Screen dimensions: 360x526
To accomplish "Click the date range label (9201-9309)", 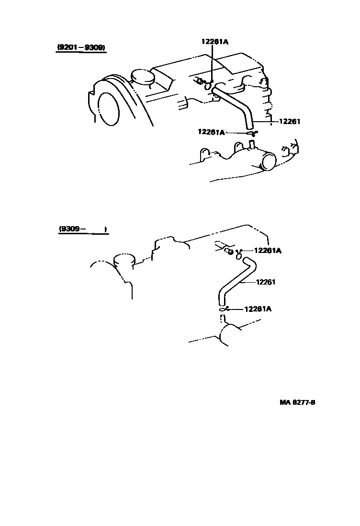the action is tap(81, 47).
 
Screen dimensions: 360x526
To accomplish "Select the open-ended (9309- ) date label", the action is tap(82, 229).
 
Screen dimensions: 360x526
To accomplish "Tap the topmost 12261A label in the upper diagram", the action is tap(214, 42).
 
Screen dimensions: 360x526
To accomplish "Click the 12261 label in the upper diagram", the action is tap(289, 121).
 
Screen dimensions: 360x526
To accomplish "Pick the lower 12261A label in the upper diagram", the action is tap(211, 132).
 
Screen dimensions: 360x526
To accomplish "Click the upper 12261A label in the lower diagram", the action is tap(267, 250).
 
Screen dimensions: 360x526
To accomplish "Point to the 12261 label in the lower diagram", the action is tap(266, 282).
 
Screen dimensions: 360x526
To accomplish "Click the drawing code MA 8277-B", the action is tap(297, 402).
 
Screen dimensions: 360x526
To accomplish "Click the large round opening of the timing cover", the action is tap(108, 109).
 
